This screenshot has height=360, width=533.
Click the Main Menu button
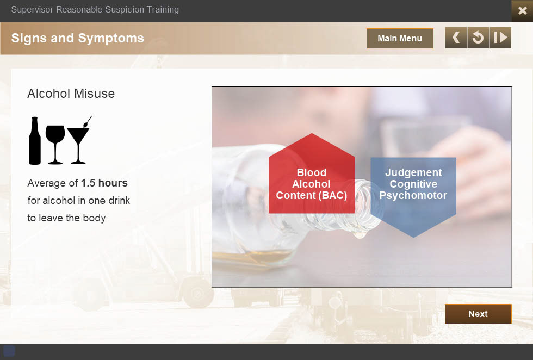click(x=400, y=38)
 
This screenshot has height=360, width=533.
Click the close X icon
click(x=523, y=10)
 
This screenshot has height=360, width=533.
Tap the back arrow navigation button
click(x=456, y=38)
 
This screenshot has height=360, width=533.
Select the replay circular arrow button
click(x=478, y=38)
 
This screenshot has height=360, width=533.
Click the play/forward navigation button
click(x=500, y=38)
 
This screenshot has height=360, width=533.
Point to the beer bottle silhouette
click(x=35, y=141)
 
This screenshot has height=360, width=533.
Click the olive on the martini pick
click(x=85, y=125)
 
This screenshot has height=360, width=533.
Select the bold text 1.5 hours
click(x=104, y=183)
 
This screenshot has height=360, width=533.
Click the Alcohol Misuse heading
click(x=71, y=94)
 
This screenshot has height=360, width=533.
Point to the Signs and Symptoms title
click(x=77, y=38)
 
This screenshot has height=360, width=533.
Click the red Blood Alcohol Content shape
click(x=312, y=177)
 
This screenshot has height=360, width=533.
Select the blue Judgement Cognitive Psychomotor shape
click(x=413, y=194)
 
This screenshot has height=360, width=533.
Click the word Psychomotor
click(x=413, y=195)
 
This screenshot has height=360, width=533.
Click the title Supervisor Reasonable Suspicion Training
click(x=95, y=10)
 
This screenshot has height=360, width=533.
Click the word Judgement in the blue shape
click(x=413, y=173)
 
